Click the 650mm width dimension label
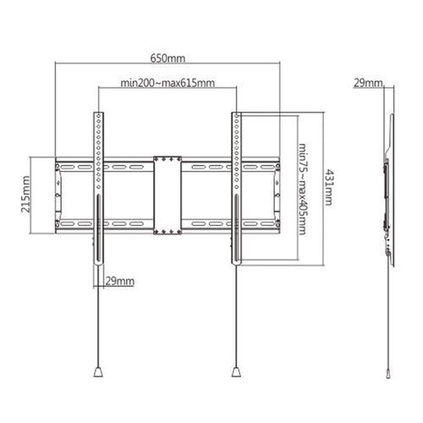click(x=168, y=58)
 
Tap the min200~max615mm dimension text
click(x=168, y=83)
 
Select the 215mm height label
click(x=25, y=194)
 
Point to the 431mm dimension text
click(x=328, y=187)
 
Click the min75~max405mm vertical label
click(x=302, y=189)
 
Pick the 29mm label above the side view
click(x=368, y=83)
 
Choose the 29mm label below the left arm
click(x=120, y=281)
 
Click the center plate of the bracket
click(x=168, y=195)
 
